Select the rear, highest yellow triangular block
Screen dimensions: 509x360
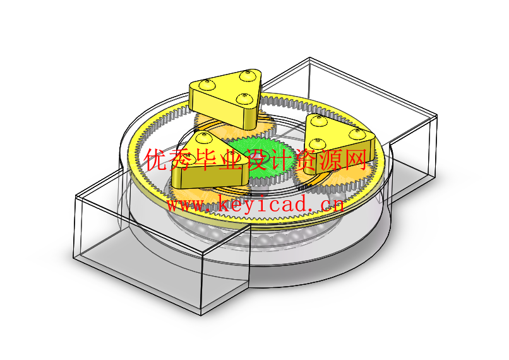pos(225,98)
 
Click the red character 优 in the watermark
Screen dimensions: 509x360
pos(155,159)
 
